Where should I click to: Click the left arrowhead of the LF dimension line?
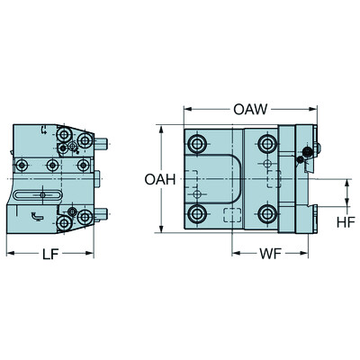9,253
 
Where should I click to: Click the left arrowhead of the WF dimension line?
233,253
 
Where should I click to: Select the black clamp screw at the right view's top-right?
309,150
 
